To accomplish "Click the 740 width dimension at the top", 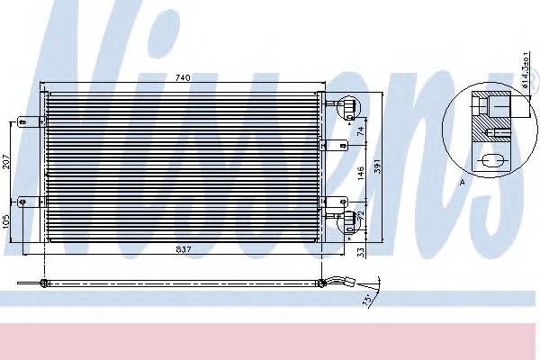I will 183,79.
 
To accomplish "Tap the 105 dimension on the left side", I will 6,221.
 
